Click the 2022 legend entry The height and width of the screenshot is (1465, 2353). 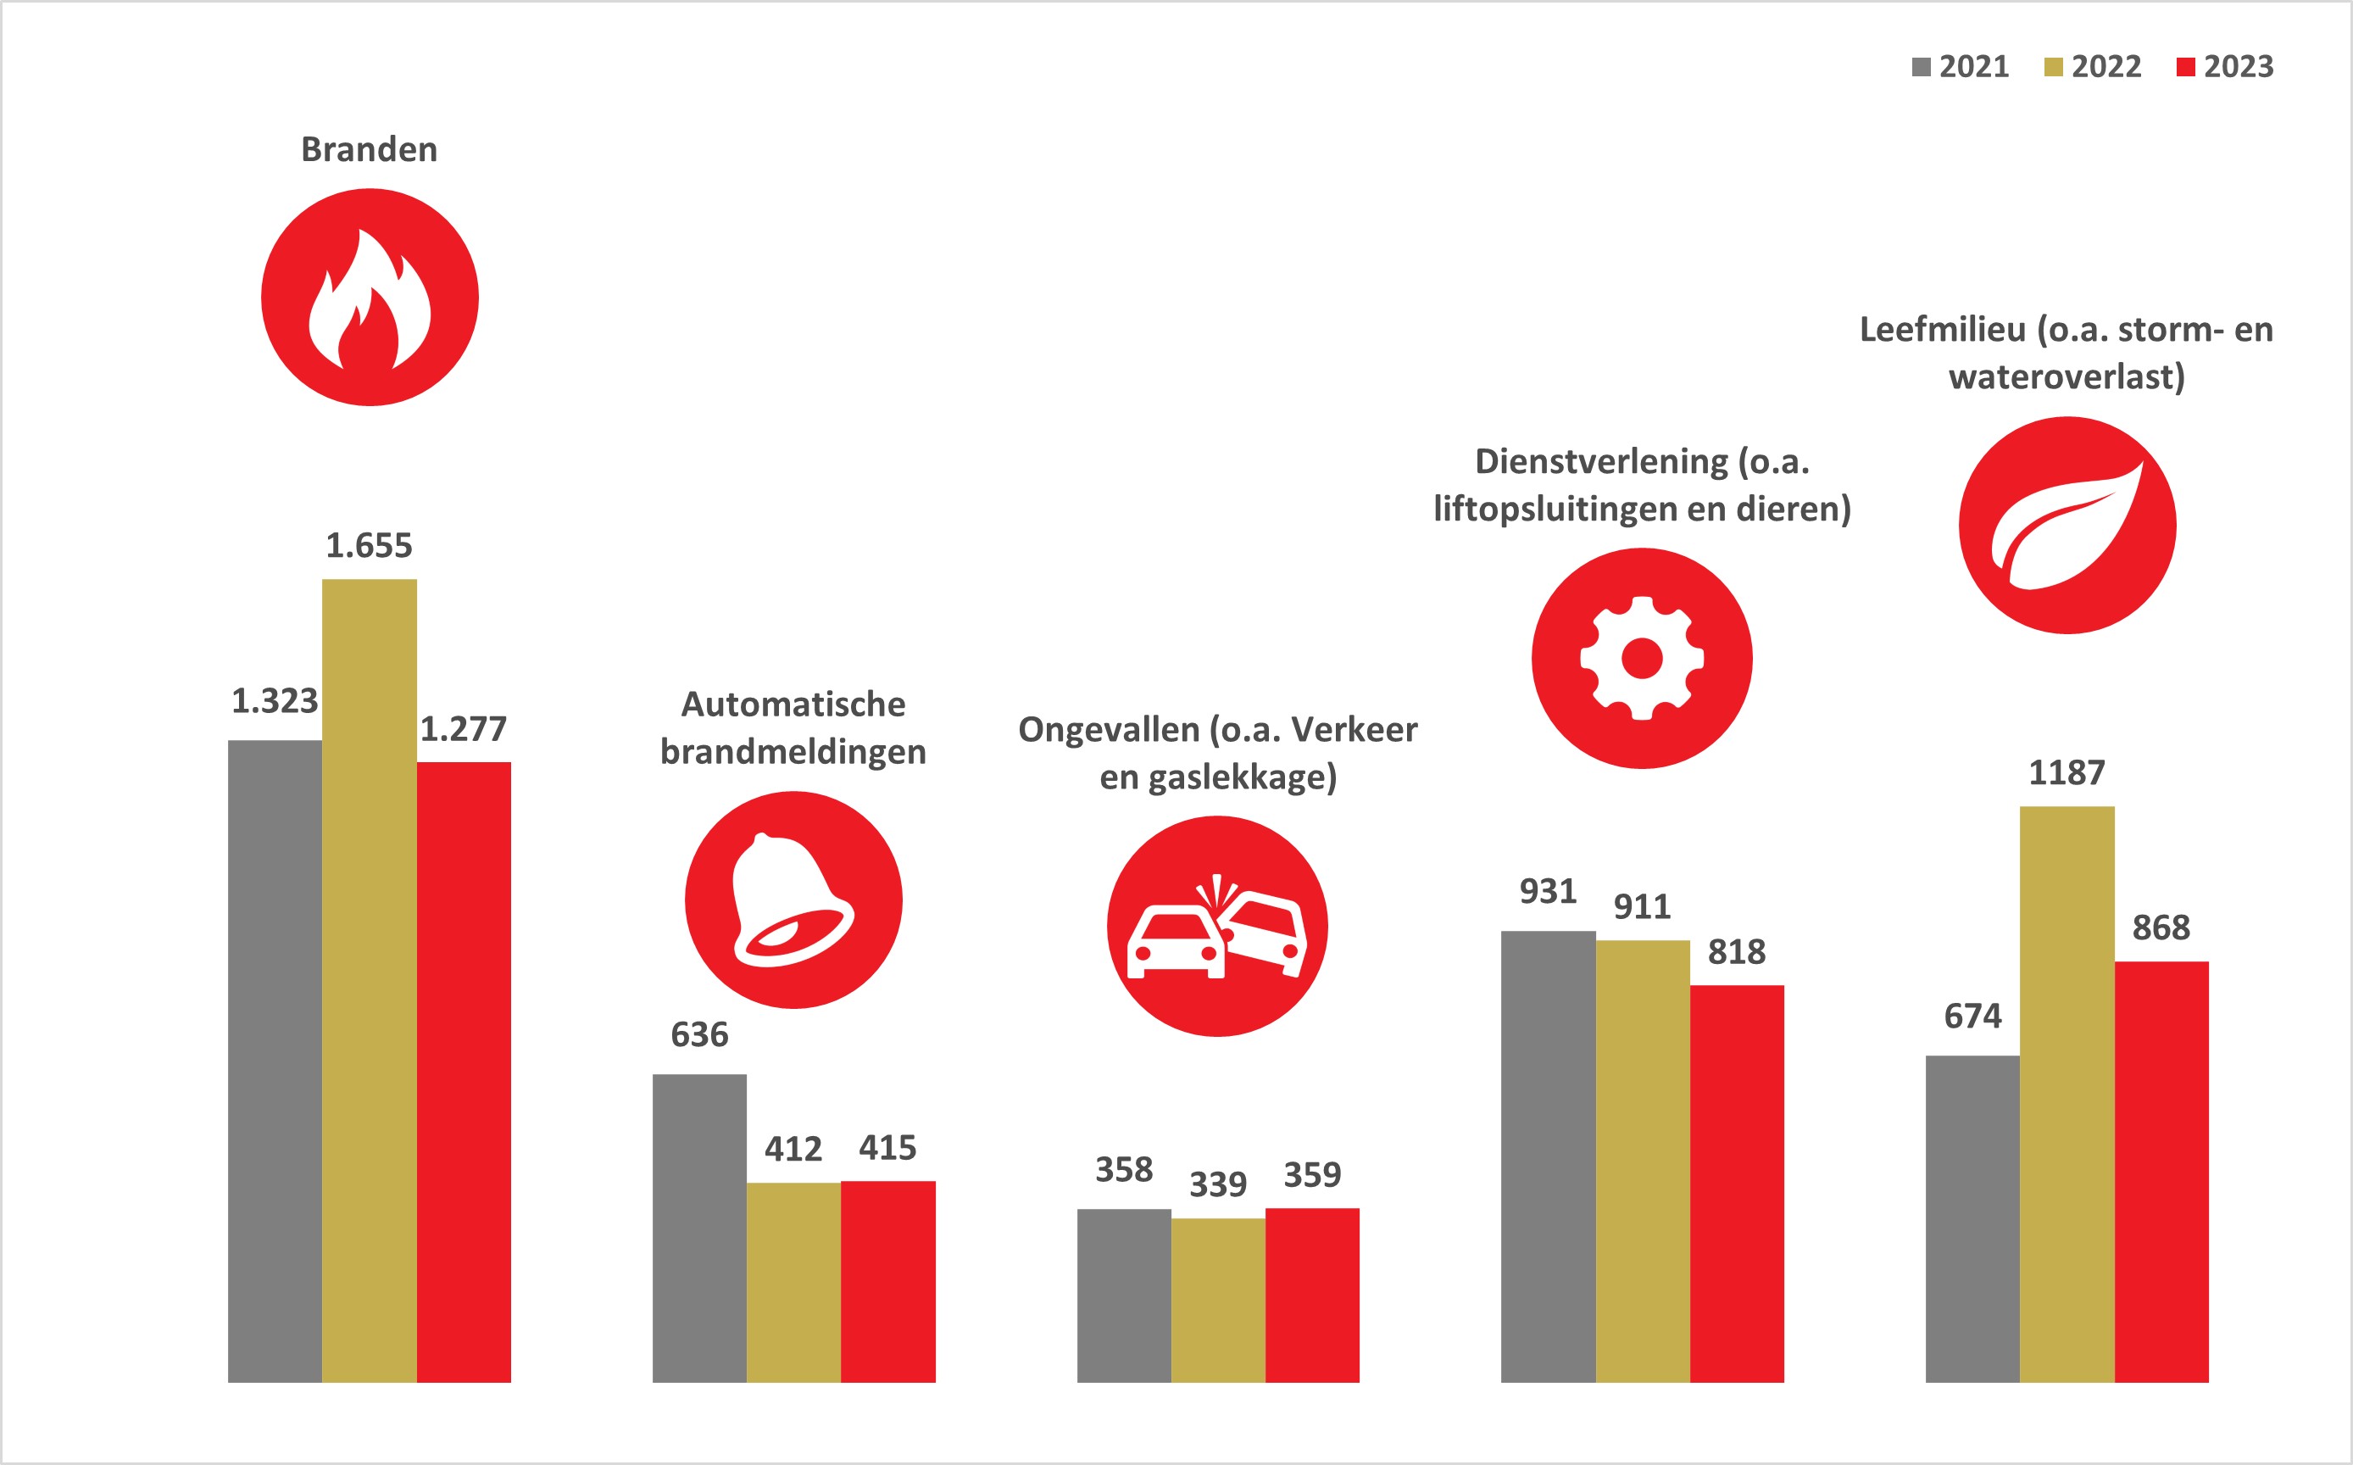click(x=2093, y=67)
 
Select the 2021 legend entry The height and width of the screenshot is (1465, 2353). click(x=1961, y=67)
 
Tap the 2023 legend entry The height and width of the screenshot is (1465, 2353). click(x=2225, y=67)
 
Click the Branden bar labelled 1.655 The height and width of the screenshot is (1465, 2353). click(x=369, y=978)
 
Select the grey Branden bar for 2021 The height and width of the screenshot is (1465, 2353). click(x=275, y=1061)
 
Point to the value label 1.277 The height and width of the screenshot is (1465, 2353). click(x=463, y=728)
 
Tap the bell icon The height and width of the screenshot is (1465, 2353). click(x=793, y=900)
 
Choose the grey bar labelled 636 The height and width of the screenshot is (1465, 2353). click(x=699, y=1228)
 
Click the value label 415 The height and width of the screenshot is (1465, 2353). click(x=887, y=1148)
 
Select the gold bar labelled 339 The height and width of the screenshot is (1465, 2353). click(x=1218, y=1300)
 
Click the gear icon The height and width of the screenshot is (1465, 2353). click(x=1642, y=659)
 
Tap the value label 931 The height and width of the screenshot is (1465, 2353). click(x=1548, y=891)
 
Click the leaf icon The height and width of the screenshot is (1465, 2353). click(x=2067, y=525)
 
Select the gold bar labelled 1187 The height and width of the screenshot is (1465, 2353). click(x=2067, y=1094)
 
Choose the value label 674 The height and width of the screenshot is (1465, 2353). click(x=1972, y=1017)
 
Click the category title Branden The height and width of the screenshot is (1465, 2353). click(x=369, y=150)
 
